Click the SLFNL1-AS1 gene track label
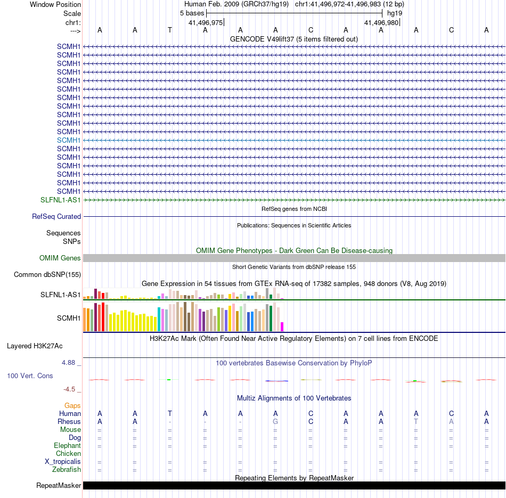click(60, 200)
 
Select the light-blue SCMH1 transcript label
click(69, 140)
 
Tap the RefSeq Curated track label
click(56, 217)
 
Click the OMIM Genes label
click(60, 258)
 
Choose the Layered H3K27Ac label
click(35, 346)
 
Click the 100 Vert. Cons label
click(30, 376)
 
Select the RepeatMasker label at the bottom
click(59, 486)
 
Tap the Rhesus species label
click(69, 422)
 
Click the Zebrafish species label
click(67, 470)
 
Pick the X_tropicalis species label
click(63, 462)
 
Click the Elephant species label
click(67, 446)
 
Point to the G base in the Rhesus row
click(275, 422)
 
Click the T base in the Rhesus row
click(416, 422)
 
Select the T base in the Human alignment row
click(170, 414)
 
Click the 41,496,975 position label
click(206, 22)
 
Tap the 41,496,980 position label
click(381, 22)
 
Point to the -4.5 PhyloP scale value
click(72, 389)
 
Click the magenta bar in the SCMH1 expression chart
click(282, 326)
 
